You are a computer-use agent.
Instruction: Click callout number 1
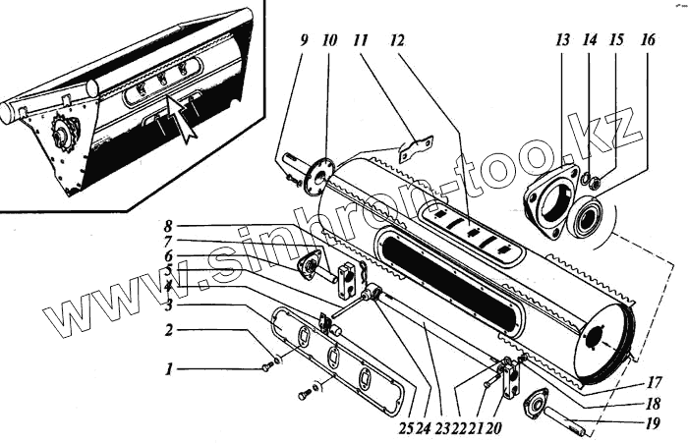[168, 370]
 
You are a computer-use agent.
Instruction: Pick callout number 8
[169, 224]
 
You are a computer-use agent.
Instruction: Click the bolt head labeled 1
[266, 367]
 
